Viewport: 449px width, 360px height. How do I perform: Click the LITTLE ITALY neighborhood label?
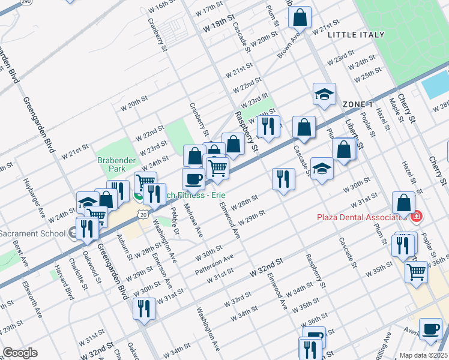(x=356, y=35)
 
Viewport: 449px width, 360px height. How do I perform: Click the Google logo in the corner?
(x=20, y=353)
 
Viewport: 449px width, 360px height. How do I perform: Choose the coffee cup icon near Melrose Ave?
(x=193, y=179)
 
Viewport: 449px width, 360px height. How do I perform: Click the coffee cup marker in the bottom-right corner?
(x=430, y=329)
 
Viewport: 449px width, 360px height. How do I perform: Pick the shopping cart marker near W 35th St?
(x=416, y=272)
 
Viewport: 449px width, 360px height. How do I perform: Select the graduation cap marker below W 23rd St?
(x=324, y=94)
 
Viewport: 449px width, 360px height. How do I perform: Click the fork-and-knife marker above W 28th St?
(x=283, y=179)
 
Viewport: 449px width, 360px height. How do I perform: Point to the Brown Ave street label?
(x=289, y=46)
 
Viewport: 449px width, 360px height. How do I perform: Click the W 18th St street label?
(x=217, y=28)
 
